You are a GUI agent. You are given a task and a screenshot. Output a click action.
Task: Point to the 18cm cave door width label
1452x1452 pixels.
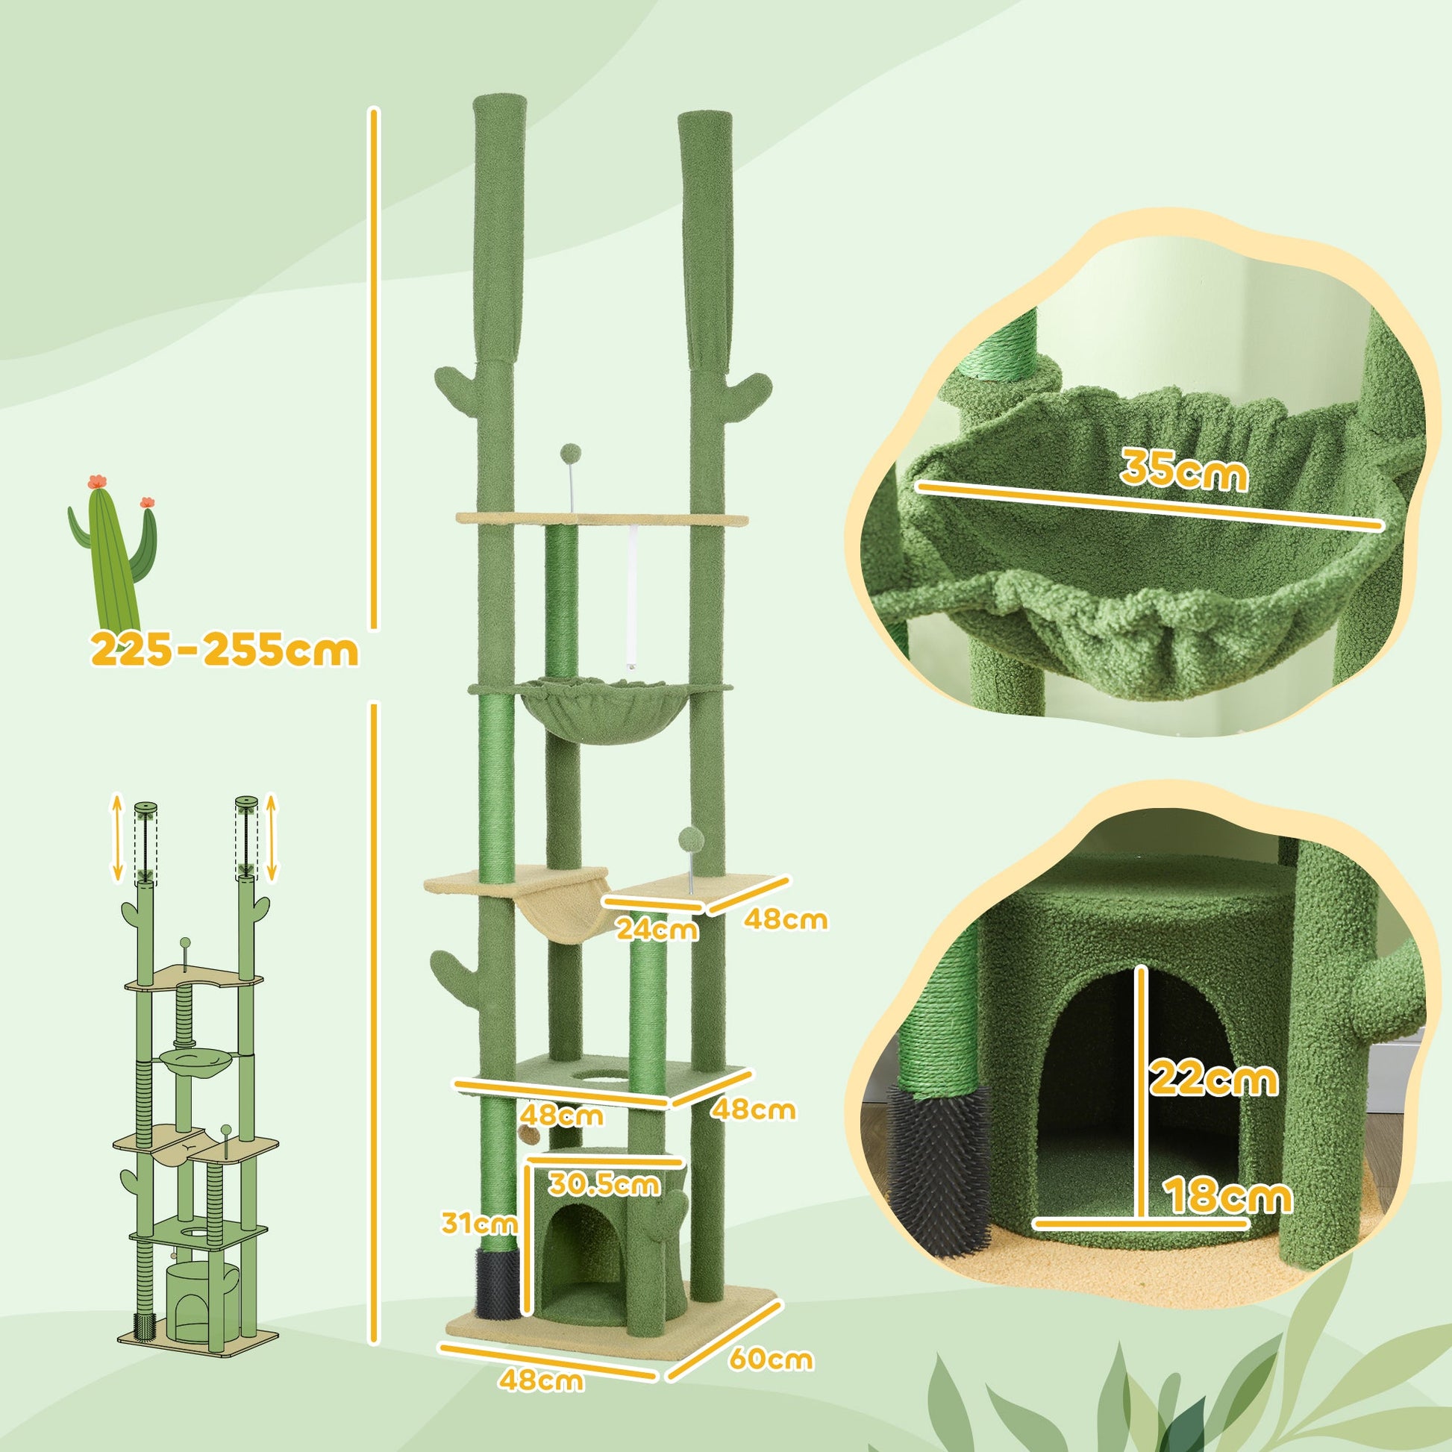pyautogui.click(x=1227, y=1197)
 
